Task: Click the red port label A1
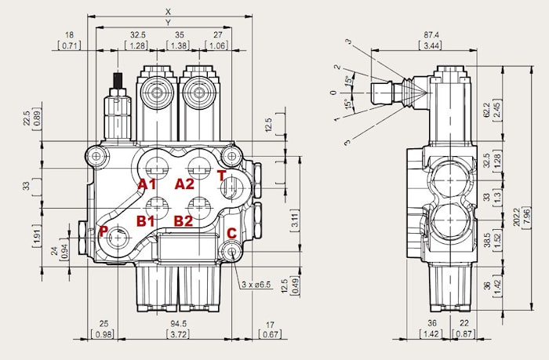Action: tap(146, 184)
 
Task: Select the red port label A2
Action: tap(184, 184)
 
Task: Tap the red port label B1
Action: tap(146, 220)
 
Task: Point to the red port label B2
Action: tap(183, 220)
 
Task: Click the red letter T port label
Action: tap(221, 176)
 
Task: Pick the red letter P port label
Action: tap(103, 231)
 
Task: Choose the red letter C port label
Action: tap(231, 233)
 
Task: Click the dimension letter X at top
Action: tap(168, 11)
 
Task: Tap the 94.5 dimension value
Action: tap(178, 323)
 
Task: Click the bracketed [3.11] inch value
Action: tap(294, 220)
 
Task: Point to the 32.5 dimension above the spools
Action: tap(138, 35)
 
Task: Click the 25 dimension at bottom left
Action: tap(103, 323)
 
